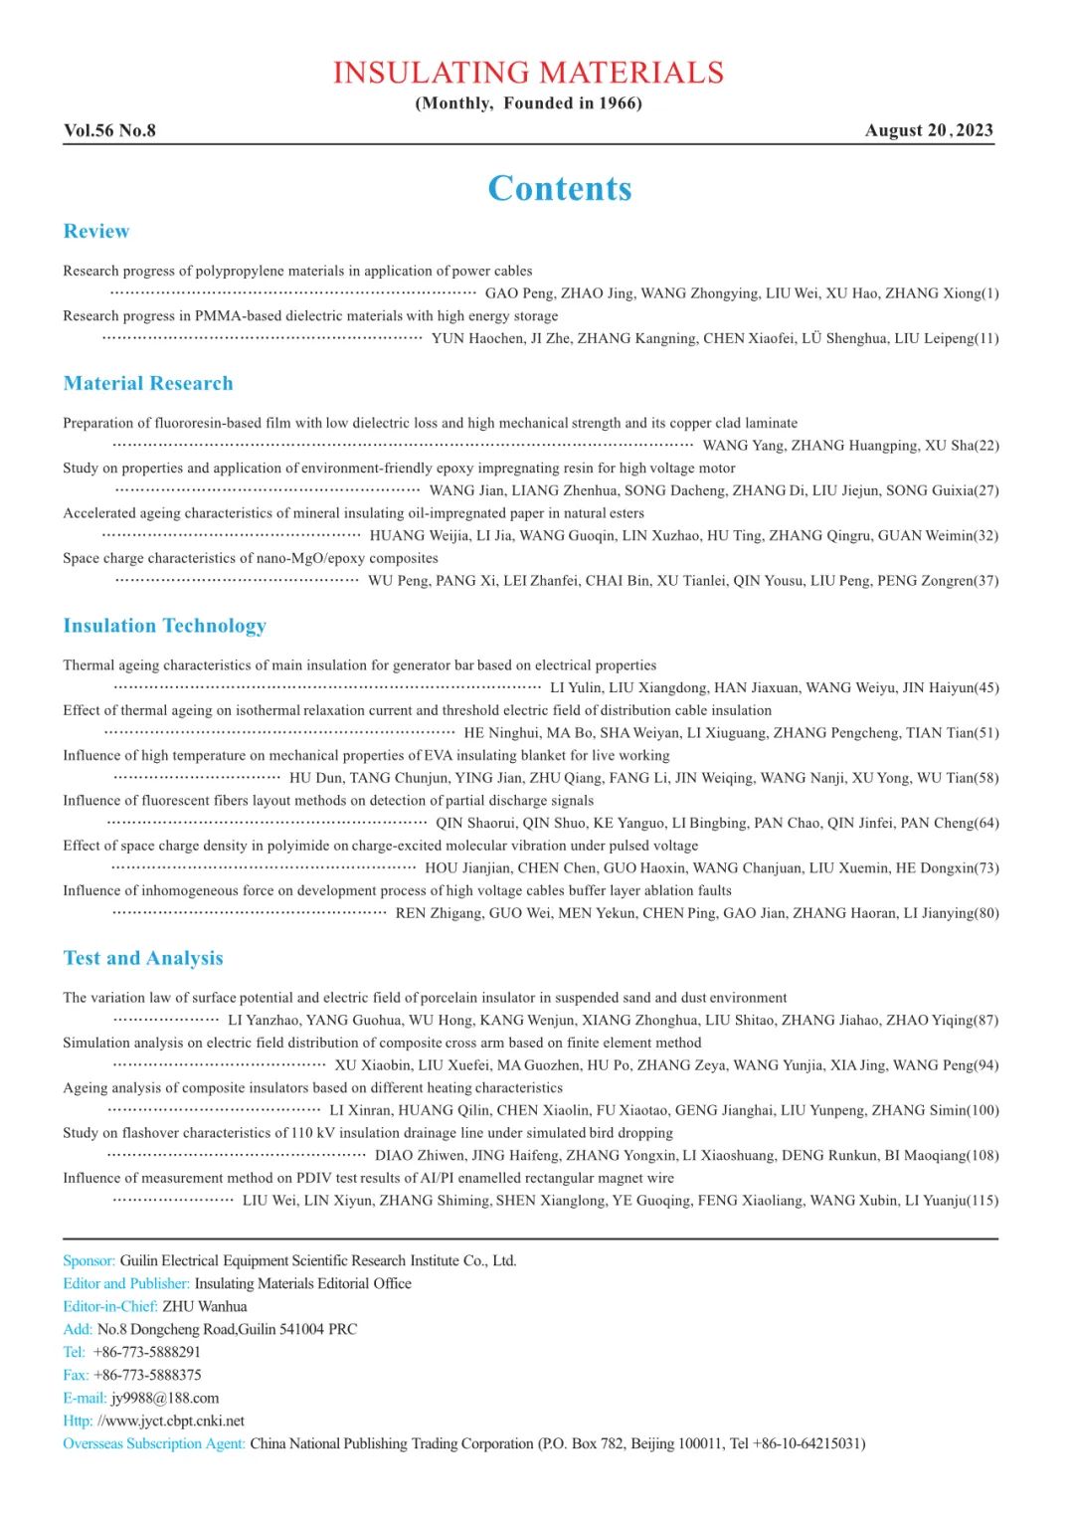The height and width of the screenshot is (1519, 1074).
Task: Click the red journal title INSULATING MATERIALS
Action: (528, 73)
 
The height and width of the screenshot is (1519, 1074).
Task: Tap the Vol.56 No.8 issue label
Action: (109, 130)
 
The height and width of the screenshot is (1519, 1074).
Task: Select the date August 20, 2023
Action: (929, 130)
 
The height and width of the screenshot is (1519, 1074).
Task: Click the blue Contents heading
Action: (560, 188)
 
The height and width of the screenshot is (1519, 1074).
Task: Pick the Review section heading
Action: (96, 231)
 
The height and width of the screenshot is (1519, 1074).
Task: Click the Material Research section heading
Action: (148, 383)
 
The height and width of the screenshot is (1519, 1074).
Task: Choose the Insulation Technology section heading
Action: (165, 626)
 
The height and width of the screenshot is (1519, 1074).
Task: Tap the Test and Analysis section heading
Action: (143, 958)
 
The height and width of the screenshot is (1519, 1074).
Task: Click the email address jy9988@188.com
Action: (165, 1398)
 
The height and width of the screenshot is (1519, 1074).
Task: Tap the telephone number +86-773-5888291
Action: (146, 1352)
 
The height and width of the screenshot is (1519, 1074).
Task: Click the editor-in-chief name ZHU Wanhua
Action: (205, 1306)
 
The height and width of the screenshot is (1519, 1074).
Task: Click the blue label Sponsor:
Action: (89, 1260)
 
